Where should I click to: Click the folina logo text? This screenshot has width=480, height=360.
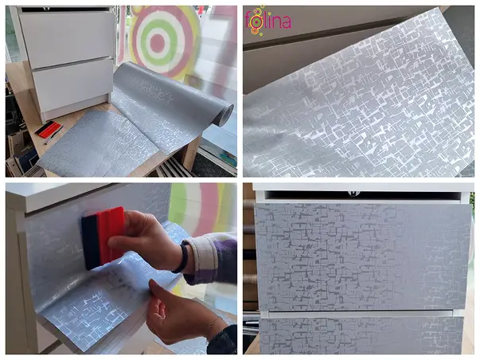[x=268, y=21]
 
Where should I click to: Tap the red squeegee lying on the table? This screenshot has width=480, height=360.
[x=49, y=129]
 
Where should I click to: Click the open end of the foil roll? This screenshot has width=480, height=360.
[x=225, y=115]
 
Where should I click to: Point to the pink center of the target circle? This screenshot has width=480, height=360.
[x=158, y=43]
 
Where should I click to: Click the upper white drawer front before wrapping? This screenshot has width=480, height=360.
[x=68, y=39]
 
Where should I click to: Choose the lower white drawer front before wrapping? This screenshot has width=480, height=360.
[x=73, y=86]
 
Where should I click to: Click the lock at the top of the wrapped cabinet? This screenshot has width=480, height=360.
[x=354, y=194]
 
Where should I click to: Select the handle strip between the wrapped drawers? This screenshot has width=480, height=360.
[x=361, y=314]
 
